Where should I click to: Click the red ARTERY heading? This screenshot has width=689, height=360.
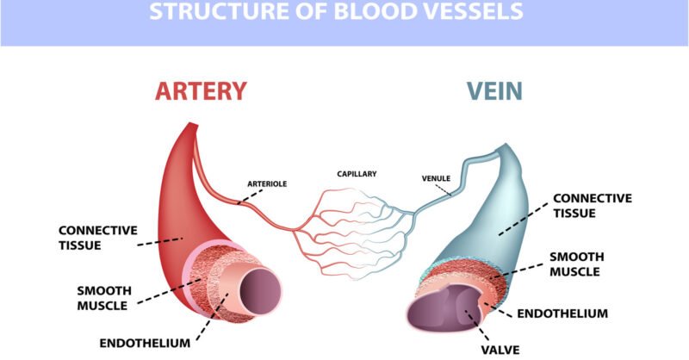[201, 91]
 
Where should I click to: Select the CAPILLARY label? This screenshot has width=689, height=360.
[357, 174]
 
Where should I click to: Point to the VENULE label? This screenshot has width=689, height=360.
[436, 179]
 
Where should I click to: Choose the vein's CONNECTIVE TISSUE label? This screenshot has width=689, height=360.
[592, 205]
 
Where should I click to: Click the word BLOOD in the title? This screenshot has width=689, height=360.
[371, 13]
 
